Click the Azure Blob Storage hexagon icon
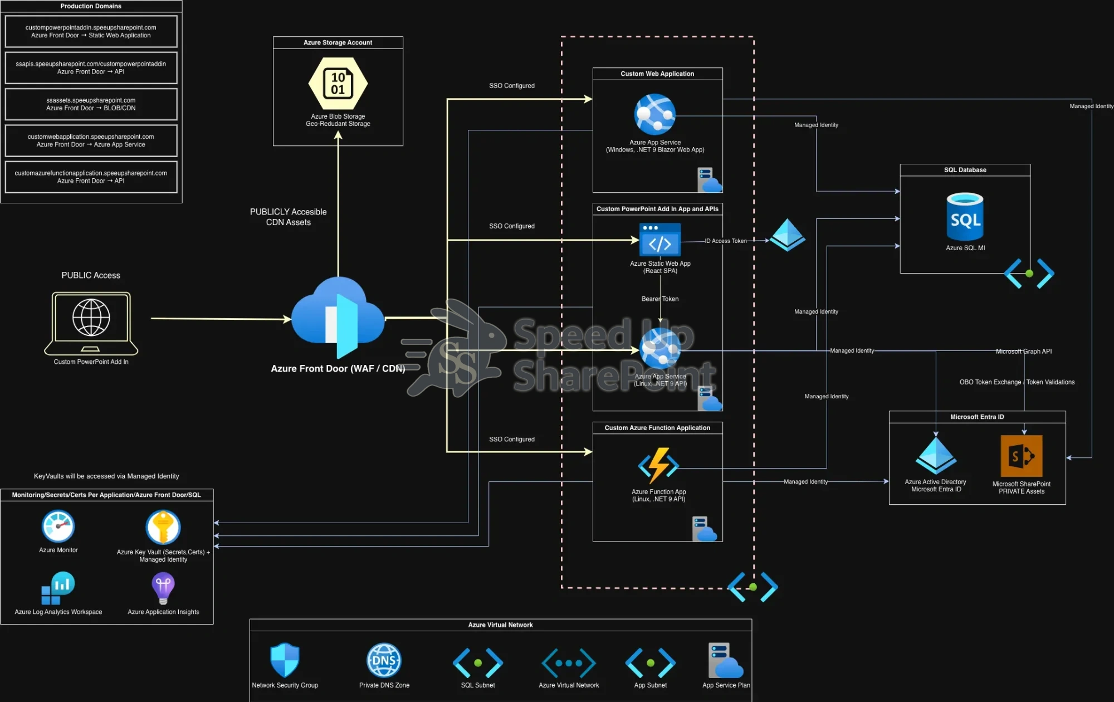[338, 84]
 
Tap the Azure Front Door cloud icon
[338, 315]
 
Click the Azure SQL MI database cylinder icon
[965, 217]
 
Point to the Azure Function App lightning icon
[658, 465]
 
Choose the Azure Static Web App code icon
[660, 240]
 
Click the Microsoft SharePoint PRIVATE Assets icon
[1021, 456]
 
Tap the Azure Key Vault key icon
[163, 527]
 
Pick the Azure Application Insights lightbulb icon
[163, 588]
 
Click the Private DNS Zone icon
[384, 661]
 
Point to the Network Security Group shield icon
[285, 660]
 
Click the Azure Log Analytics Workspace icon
[58, 588]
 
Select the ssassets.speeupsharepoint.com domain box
[91, 104]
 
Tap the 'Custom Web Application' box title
[657, 74]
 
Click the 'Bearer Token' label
[660, 299]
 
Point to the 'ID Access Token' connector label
[726, 241]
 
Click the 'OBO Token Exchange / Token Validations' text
[1017, 382]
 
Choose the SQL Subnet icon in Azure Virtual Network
[478, 663]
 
